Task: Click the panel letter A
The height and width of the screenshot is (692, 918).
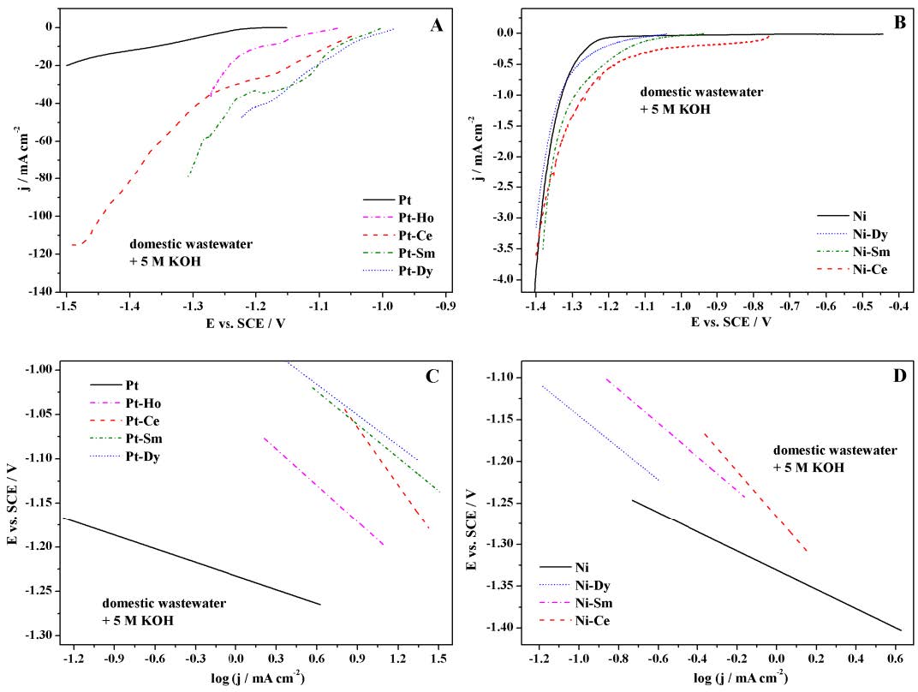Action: click(x=437, y=26)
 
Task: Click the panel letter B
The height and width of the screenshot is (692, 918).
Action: click(x=899, y=22)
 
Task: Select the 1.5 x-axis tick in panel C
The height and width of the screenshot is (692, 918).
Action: click(x=438, y=659)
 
